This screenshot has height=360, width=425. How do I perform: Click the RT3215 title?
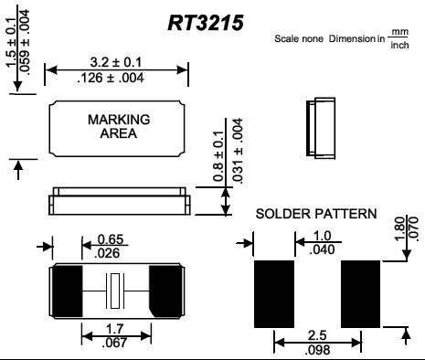pyautogui.click(x=206, y=23)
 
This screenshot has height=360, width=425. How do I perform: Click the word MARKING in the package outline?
pyautogui.click(x=119, y=120)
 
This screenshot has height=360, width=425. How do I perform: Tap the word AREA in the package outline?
pyautogui.click(x=119, y=133)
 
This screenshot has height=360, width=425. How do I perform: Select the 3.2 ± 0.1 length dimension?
pyautogui.click(x=116, y=62)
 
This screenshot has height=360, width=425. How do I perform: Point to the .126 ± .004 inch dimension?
pyautogui.click(x=111, y=78)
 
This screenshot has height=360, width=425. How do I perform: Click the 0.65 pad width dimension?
pyautogui.click(x=111, y=239)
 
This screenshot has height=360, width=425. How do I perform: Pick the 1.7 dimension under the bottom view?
pyautogui.click(x=114, y=329)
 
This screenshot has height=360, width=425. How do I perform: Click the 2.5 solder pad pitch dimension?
pyautogui.click(x=317, y=335)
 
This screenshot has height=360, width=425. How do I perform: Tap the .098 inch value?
pyautogui.click(x=317, y=350)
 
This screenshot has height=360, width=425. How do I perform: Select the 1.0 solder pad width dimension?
pyautogui.click(x=322, y=236)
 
